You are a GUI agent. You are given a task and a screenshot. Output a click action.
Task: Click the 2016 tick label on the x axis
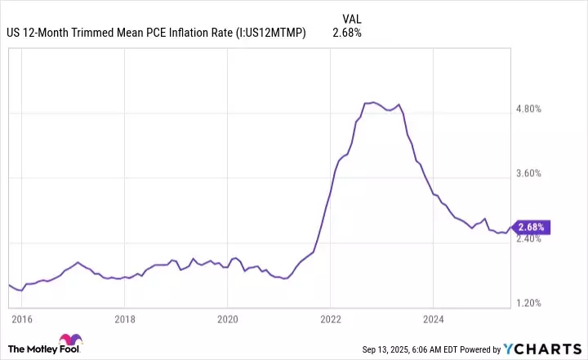(21, 318)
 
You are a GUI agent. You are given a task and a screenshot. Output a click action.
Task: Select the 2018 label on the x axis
(123, 318)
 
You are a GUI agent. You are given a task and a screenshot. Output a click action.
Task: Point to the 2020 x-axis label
(227, 318)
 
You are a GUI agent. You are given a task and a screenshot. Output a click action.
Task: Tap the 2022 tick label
(330, 318)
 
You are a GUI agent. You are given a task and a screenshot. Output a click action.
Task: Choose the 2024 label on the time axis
(434, 318)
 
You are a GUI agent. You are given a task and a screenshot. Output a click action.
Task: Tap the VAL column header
(351, 18)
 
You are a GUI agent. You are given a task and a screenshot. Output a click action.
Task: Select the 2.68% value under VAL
(347, 33)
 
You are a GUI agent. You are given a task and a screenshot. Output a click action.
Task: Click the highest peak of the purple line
(372, 102)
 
